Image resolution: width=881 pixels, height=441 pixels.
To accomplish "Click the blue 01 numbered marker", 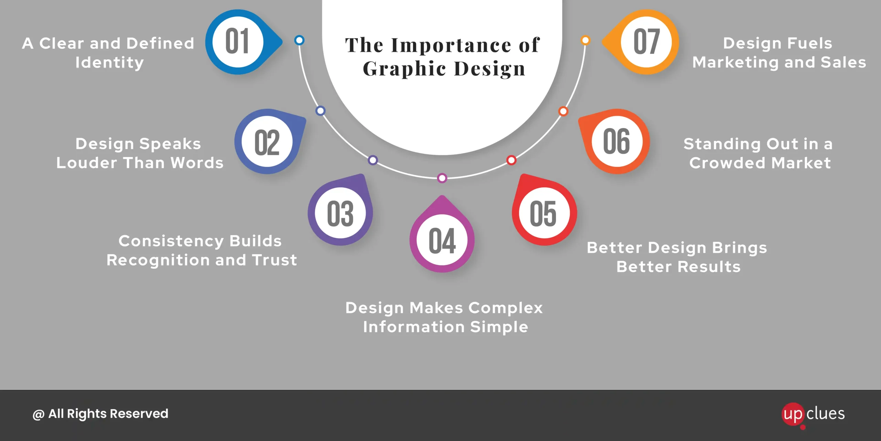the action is click(x=241, y=42).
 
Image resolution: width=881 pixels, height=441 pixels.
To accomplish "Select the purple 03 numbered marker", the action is click(x=340, y=211).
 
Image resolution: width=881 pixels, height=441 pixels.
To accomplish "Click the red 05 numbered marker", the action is click(x=544, y=211).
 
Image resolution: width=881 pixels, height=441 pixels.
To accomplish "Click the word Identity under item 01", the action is click(x=109, y=63).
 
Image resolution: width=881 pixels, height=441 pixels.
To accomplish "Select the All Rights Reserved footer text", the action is click(x=100, y=414).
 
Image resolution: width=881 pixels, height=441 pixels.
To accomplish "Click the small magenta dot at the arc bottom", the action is click(x=442, y=178).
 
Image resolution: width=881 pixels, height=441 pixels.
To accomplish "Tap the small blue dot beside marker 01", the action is click(x=299, y=40).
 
